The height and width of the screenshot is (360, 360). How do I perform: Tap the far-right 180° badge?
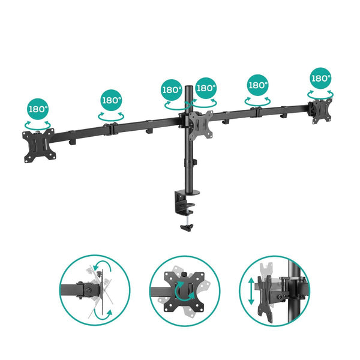click(321, 78)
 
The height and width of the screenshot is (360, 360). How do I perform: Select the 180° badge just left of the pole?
click(172, 90)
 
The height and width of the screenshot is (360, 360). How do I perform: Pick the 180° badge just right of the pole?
click(206, 88)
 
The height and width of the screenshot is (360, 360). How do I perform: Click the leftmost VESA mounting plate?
click(38, 144)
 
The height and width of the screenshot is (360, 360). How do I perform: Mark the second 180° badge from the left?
click(111, 101)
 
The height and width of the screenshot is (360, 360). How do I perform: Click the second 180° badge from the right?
click(258, 85)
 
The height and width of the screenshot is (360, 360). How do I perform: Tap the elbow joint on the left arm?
click(110, 128)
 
